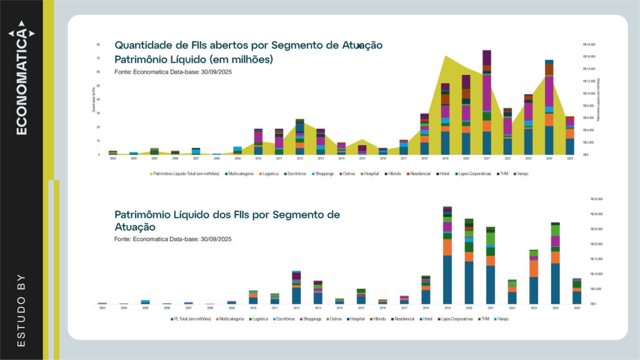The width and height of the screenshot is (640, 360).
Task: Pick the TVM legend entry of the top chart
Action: tap(504, 173)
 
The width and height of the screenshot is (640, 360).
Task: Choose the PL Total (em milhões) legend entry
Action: tap(192, 319)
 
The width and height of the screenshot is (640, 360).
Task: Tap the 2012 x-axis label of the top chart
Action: tap(300, 159)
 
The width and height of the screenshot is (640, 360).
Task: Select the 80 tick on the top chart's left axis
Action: tap(98, 45)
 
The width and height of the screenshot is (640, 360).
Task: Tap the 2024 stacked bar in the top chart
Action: tap(549, 107)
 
